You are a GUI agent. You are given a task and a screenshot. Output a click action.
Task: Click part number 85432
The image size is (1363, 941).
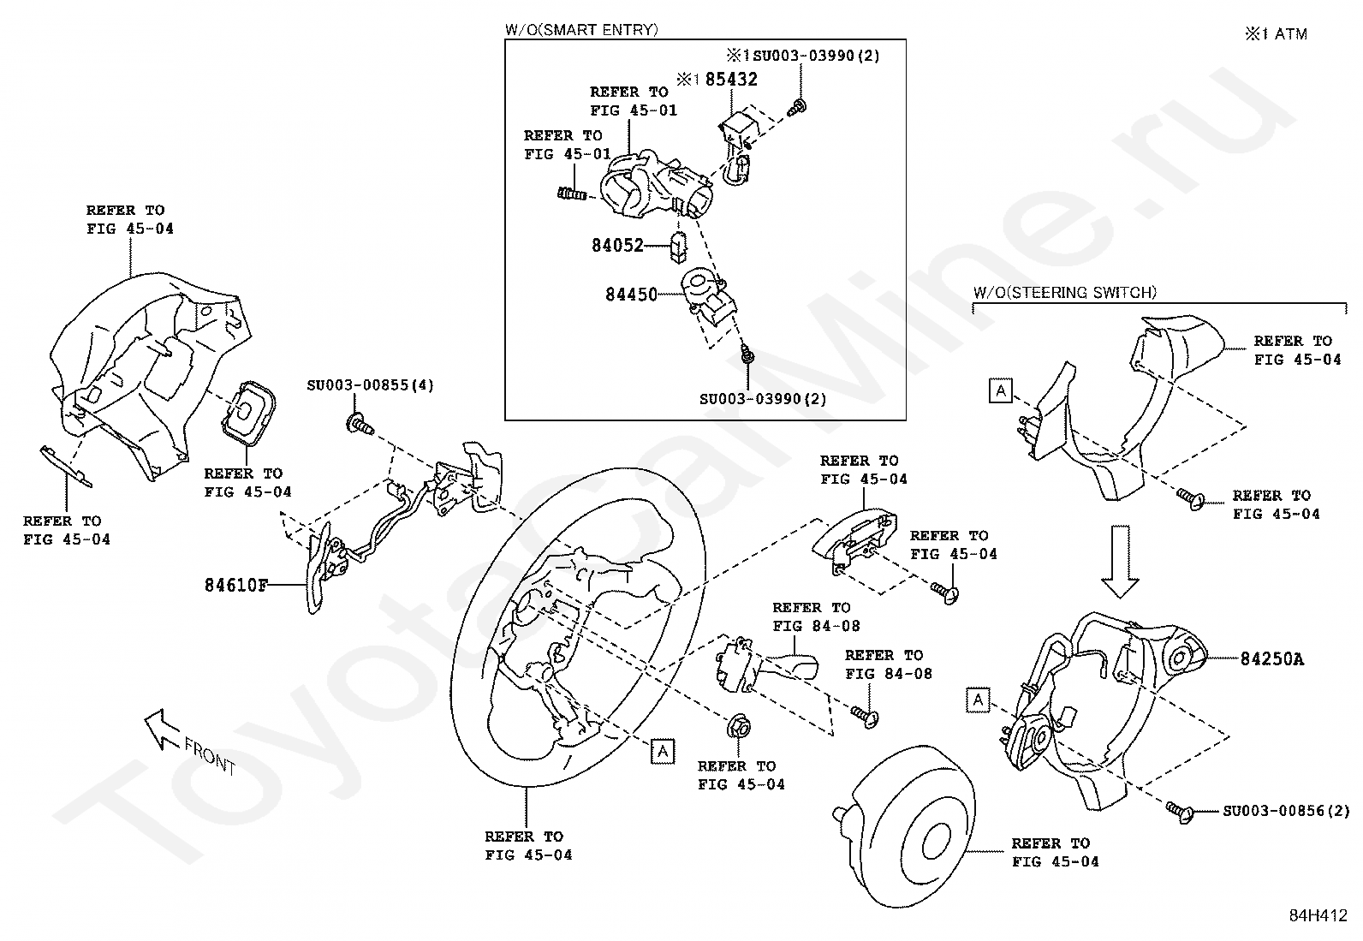pos(731,79)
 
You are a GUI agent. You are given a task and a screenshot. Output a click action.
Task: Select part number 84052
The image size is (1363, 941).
pos(617,245)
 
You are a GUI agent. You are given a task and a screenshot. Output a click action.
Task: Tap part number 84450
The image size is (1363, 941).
pos(631,295)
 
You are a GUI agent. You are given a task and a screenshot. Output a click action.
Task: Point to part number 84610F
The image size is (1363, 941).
pos(236,586)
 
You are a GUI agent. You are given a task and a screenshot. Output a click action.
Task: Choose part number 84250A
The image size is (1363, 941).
pos(1272,658)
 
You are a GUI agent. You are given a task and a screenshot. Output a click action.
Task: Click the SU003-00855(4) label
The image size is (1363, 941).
pos(370,385)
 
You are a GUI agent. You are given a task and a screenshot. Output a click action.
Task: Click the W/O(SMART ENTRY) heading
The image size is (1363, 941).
pos(581,30)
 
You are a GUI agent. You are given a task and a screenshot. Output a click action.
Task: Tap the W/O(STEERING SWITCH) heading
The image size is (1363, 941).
pos(1064,292)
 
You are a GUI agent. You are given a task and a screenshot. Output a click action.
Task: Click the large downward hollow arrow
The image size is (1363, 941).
pos(1120,562)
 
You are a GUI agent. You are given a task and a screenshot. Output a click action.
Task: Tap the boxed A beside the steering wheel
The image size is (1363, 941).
pos(662,752)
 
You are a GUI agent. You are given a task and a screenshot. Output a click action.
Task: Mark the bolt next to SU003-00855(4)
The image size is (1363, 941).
pos(359,422)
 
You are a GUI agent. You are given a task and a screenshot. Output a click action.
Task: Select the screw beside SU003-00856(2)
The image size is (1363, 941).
pos(1180,810)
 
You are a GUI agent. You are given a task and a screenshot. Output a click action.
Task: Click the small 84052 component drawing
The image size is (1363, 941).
pos(679,246)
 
